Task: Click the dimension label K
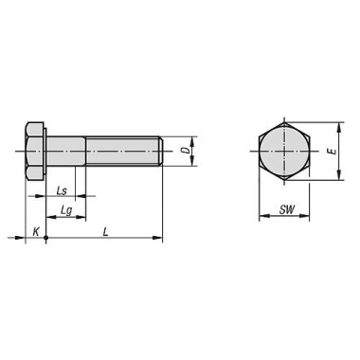tap(35, 231)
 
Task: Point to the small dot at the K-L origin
tap(45, 239)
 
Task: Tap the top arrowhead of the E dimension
tap(339, 121)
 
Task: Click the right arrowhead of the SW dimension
tap(309, 220)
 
